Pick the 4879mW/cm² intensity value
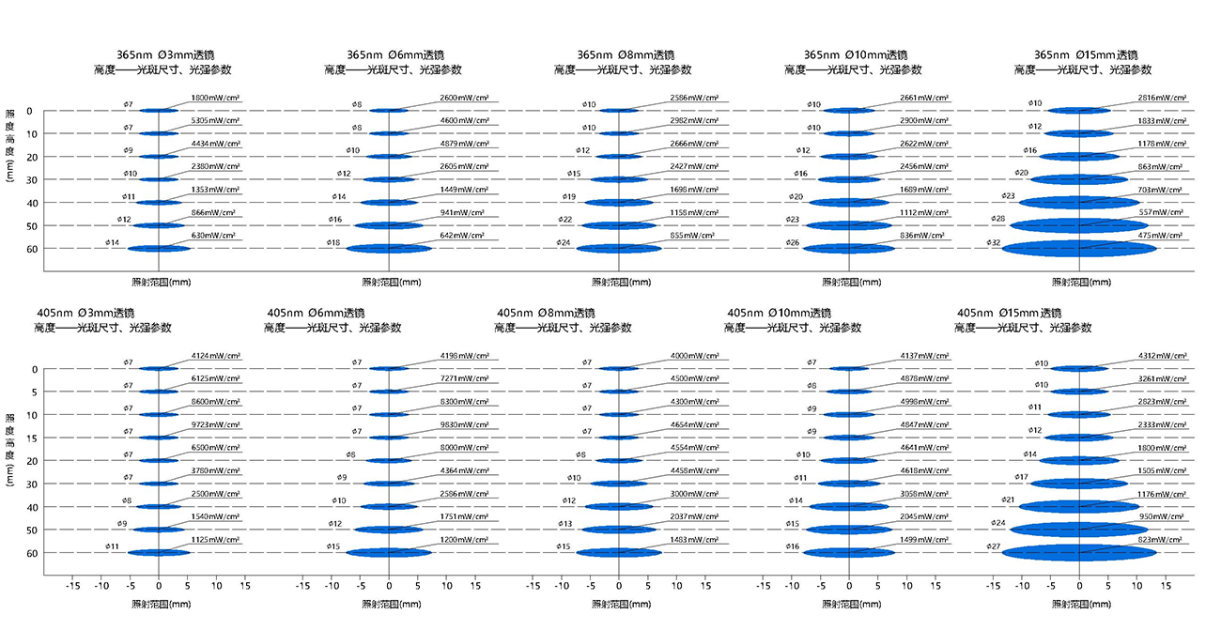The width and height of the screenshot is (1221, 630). [x=463, y=144]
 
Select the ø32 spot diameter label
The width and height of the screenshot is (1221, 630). [x=994, y=243]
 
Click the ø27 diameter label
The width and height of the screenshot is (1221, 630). [x=994, y=546]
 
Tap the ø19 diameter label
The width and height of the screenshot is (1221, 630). [x=568, y=196]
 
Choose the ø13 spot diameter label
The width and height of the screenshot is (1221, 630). [x=564, y=524]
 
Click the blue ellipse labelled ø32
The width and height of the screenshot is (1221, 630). [x=1079, y=249]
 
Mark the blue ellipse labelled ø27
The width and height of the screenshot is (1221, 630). [x=1079, y=553]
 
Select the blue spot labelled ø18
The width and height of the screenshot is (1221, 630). [x=389, y=249]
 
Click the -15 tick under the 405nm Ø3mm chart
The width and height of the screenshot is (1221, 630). [x=72, y=585]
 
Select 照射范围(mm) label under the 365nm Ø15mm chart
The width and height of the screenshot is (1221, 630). [x=1077, y=282]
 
